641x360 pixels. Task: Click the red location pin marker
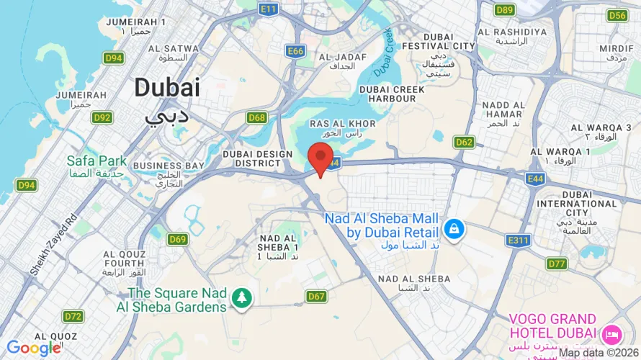(320, 158)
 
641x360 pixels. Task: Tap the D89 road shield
(505, 9)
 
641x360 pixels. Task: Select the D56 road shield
(617, 15)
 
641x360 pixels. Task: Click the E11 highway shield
(269, 9)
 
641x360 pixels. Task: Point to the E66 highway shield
(295, 51)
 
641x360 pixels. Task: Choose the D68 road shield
(256, 117)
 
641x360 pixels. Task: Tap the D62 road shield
(464, 142)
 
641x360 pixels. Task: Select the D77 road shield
(556, 264)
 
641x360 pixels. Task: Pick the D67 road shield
(316, 296)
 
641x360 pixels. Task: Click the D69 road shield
(177, 239)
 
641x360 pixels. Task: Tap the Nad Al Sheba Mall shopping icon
(454, 230)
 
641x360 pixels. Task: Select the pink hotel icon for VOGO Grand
(611, 333)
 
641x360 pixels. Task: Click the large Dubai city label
(166, 88)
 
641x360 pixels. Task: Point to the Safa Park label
(97, 161)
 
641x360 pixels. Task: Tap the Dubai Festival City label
(449, 45)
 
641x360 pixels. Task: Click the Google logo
(33, 348)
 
